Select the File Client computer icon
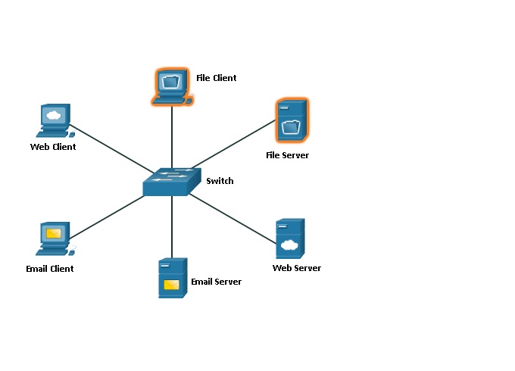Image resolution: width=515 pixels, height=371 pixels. coord(172,86)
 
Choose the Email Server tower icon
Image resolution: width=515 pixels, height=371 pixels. coord(172,279)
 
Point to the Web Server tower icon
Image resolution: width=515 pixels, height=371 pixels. coord(289,238)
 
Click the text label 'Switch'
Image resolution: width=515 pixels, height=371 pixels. coord(220,181)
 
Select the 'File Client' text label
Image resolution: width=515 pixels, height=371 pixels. coord(216,78)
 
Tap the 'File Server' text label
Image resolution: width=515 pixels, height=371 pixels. coord(287,155)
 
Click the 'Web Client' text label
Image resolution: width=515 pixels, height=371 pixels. coord(53,147)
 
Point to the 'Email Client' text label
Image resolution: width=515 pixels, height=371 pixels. coord(49,269)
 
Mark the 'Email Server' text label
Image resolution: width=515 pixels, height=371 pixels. coord(216,282)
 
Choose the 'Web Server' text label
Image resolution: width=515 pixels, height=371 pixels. coord(297,268)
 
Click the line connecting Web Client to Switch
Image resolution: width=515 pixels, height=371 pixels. coord(114,149)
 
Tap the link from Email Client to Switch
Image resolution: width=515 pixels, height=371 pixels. coord(106,216)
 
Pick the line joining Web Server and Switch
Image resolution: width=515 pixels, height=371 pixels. coord(231,217)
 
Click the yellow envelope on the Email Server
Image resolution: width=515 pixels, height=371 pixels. coord(171,285)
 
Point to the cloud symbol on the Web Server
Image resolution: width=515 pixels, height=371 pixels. coord(288,245)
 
